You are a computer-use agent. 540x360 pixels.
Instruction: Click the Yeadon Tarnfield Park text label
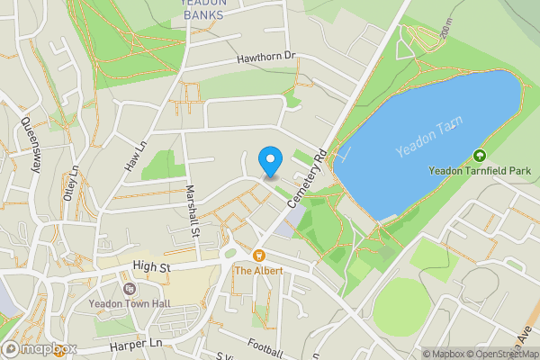tap(480, 170)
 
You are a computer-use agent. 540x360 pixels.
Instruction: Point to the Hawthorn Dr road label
tap(265, 57)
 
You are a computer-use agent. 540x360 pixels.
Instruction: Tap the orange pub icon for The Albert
tap(258, 256)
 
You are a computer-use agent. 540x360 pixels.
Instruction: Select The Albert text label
tap(259, 270)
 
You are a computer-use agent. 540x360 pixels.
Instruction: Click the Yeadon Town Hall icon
tap(130, 289)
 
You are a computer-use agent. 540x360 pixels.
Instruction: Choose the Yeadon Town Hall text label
tap(130, 303)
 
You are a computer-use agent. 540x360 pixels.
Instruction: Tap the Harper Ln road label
tap(135, 345)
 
